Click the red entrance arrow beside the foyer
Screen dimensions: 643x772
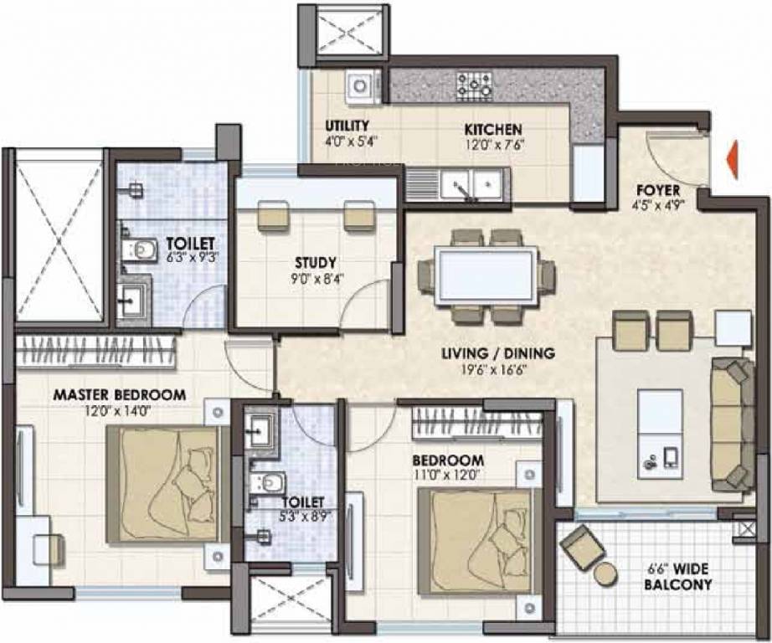[732, 160]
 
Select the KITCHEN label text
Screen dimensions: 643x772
[494, 130]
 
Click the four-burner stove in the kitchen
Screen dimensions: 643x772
[474, 84]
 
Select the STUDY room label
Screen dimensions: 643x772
[316, 261]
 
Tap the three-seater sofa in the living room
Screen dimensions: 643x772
[728, 425]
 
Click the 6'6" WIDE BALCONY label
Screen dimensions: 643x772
[678, 576]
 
